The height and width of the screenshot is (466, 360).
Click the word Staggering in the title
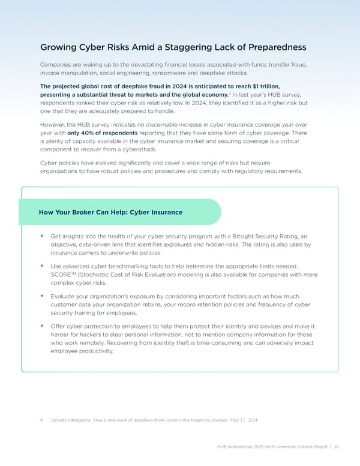187,47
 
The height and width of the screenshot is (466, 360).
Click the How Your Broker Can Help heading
110,212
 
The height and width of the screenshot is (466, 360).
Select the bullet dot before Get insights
43,236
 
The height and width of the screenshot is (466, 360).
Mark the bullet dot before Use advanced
43,264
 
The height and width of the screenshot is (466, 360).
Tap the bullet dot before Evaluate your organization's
43,295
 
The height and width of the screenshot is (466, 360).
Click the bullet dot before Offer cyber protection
43,325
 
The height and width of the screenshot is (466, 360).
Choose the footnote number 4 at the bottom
41,420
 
